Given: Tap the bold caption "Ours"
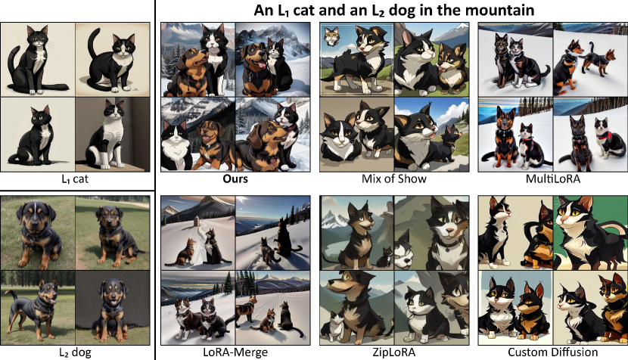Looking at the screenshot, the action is (235, 178).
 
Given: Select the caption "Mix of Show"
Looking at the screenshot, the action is (393, 178).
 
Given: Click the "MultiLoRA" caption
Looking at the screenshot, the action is (552, 178).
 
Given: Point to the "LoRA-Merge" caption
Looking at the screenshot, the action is (235, 352).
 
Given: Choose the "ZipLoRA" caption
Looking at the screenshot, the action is (393, 352).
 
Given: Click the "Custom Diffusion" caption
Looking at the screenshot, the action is (552, 352).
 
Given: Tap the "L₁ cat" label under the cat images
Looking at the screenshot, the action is (75, 178).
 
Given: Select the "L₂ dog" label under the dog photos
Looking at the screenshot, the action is (75, 352).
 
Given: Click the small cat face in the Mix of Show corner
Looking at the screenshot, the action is (331, 36).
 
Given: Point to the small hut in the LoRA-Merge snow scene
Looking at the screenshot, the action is (197, 222).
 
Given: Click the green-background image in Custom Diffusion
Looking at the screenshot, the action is (591, 233).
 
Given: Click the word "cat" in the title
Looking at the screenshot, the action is (305, 10).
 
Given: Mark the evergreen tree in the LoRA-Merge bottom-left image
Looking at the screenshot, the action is (229, 282).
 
